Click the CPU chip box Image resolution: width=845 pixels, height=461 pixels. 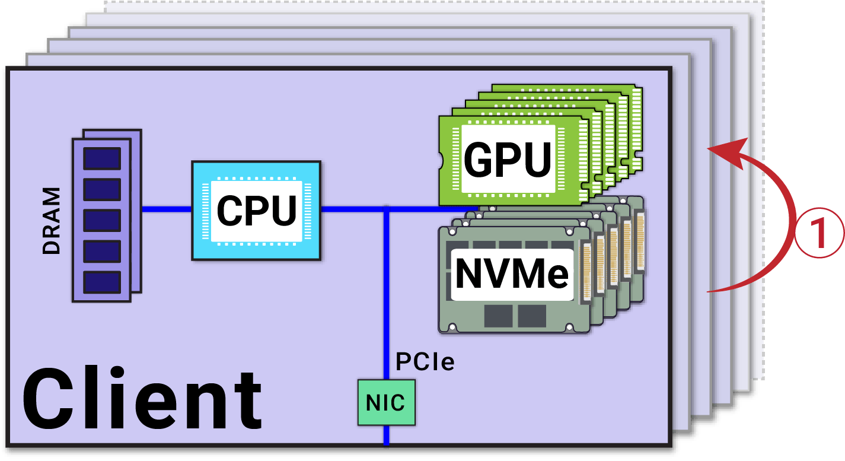(256, 210)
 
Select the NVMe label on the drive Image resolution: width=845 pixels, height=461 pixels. (512, 274)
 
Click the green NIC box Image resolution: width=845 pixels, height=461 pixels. (386, 403)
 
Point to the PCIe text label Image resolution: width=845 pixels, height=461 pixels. (425, 361)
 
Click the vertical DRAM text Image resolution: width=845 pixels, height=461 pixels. (52, 221)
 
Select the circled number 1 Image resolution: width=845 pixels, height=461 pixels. (819, 233)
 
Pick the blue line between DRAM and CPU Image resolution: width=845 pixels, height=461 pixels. (167, 209)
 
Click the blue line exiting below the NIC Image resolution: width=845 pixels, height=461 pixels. (386, 435)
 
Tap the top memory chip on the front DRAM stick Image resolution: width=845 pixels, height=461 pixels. (102, 158)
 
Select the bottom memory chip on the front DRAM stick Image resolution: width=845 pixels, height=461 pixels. (102, 282)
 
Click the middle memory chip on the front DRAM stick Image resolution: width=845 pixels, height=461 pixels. (102, 220)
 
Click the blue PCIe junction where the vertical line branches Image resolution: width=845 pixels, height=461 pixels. (386, 209)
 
